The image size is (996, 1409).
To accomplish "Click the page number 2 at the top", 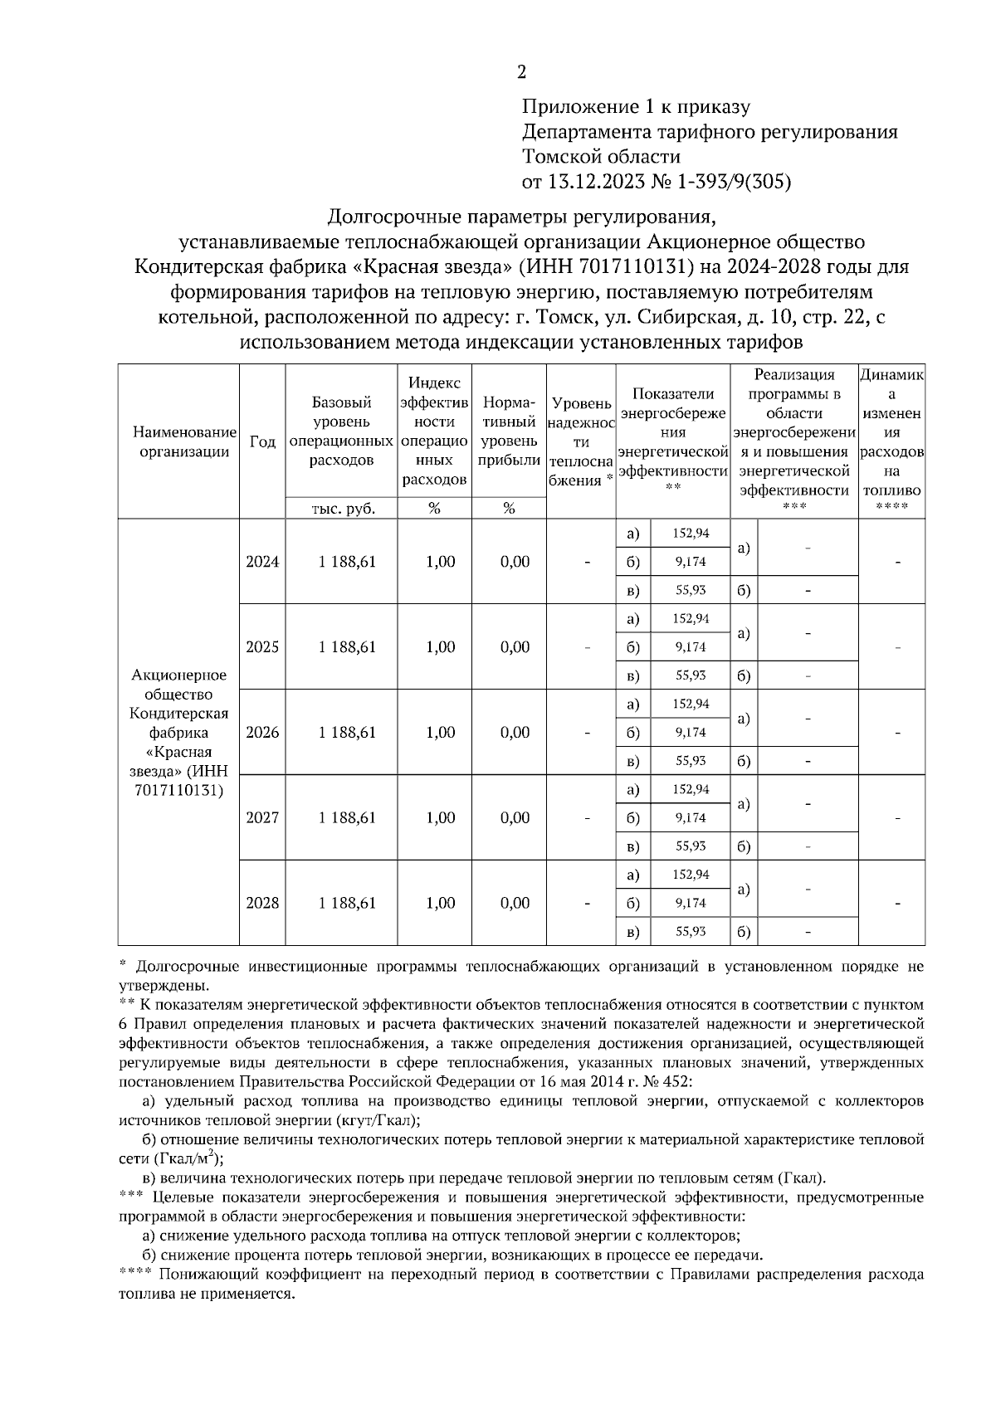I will (521, 73).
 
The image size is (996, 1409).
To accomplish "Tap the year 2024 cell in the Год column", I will (262, 562).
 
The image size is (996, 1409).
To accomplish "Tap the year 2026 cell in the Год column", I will (262, 733).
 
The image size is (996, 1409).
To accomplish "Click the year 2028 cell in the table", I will (262, 903).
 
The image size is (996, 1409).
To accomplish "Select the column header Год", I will (262, 442).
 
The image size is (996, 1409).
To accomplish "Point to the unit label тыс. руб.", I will (342, 509).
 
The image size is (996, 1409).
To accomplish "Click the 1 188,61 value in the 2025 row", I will (347, 647).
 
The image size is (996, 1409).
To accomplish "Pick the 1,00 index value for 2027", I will (440, 818).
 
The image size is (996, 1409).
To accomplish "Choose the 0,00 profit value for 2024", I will (515, 562).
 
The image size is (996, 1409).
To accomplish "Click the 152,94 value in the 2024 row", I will (691, 533).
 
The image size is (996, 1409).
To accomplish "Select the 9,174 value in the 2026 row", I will (691, 733).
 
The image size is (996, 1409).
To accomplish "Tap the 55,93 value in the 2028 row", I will (691, 932).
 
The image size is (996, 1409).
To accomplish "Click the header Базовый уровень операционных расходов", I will (342, 431).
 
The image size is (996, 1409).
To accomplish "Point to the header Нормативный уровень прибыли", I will (509, 431).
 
